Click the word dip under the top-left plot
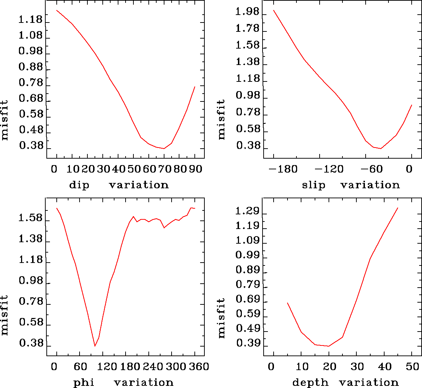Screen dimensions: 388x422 (x=79, y=185)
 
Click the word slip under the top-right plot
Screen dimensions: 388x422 (x=314, y=185)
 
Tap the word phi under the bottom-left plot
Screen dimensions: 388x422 (x=84, y=383)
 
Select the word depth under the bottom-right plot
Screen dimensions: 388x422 (x=310, y=383)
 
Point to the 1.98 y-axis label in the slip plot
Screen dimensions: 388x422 (x=247, y=12)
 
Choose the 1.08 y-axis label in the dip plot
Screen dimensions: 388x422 (x=30, y=36)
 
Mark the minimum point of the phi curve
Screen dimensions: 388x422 (x=95, y=346)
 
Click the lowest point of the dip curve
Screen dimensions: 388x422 (x=164, y=148)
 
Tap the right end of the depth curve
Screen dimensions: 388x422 (x=397, y=208)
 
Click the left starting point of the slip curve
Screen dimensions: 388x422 (x=274, y=10)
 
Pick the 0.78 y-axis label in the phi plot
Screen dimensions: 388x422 (x=30, y=302)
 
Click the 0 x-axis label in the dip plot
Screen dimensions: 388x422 (x=54, y=169)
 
